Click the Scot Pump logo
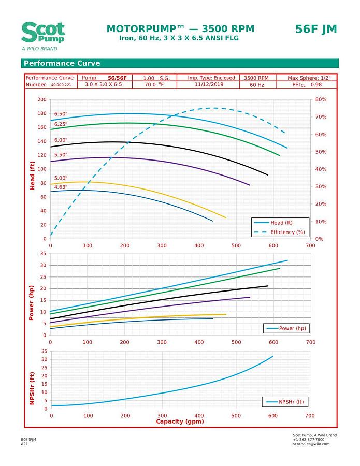pos(43,34)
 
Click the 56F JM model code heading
pos(316,29)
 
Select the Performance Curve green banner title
pos(61,64)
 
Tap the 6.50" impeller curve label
pos(61,113)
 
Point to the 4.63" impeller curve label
pos(61,187)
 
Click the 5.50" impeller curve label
pos(61,154)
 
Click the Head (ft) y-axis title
pos(33,174)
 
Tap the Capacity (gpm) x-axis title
pos(180,421)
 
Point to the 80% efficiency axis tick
pos(321,99)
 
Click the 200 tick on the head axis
pos(41,99)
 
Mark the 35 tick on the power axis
pos(44,254)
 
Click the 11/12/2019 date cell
pos(211,84)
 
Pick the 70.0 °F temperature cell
pos(154,84)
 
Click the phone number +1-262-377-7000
pos(309,439)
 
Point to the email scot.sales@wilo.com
pos(311,444)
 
